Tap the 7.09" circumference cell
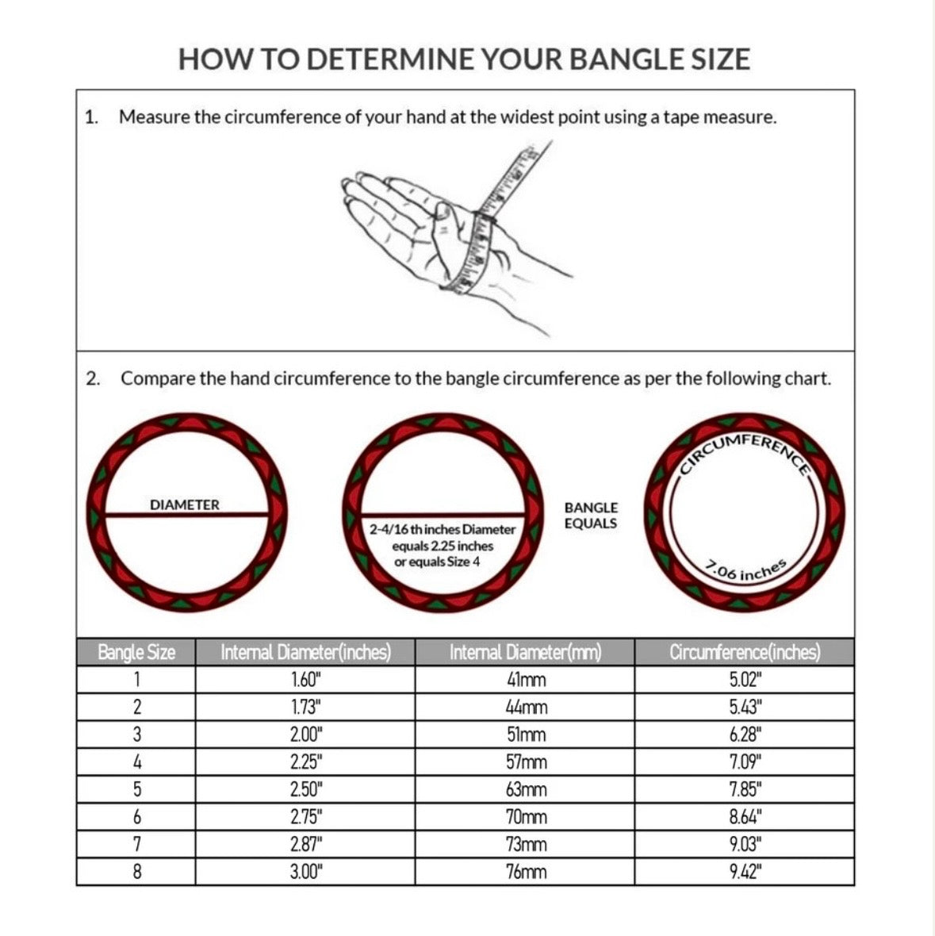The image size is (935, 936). pos(745,761)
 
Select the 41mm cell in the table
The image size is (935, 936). pos(526,679)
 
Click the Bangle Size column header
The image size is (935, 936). pos(136,652)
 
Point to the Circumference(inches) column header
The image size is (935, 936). pos(745,652)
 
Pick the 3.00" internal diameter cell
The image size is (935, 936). pos(305,872)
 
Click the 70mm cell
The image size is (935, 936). pos(526,816)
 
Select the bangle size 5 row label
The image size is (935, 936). pos(136,789)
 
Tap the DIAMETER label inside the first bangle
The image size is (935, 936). pos(184,505)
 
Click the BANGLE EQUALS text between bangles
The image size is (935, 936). pos(591,515)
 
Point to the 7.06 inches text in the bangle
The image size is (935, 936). pos(746,570)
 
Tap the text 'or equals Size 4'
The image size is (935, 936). pos(437,562)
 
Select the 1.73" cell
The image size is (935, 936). pos(305,707)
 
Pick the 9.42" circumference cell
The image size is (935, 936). pos(745,872)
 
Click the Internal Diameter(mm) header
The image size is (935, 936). pos(525,652)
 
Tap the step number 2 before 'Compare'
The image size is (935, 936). pos(93,378)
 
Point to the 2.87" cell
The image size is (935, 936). pos(305,844)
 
